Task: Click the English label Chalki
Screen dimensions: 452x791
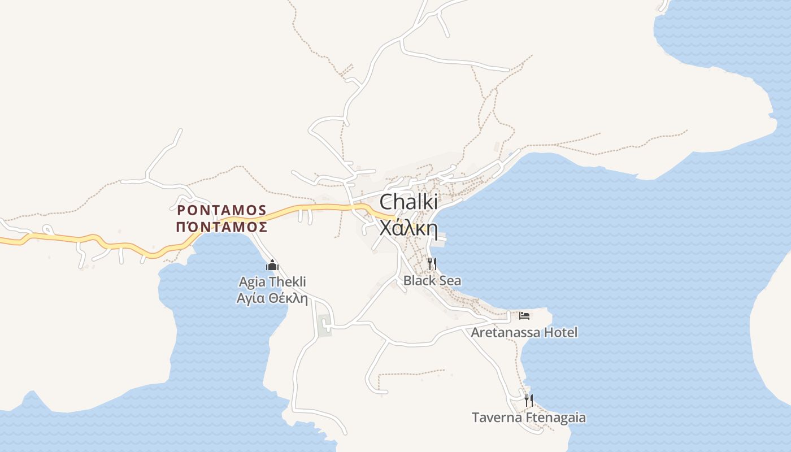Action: (x=408, y=202)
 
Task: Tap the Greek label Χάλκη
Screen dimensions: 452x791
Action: (x=408, y=228)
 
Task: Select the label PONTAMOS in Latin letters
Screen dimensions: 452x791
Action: (x=221, y=210)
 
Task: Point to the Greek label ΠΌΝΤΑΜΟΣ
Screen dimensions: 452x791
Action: (x=221, y=227)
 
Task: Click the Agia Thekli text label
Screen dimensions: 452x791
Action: (x=272, y=281)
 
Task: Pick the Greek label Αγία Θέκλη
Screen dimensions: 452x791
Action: (x=272, y=298)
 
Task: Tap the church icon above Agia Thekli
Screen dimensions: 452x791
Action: (x=272, y=264)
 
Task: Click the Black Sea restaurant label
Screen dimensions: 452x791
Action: (x=432, y=280)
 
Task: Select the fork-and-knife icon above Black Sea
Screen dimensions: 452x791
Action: (x=432, y=263)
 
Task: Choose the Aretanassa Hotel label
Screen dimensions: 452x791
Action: (x=524, y=332)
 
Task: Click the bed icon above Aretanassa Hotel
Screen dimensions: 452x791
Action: (x=524, y=315)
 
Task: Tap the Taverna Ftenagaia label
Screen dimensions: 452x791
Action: (x=529, y=418)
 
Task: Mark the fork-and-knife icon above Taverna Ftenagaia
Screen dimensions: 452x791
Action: (x=529, y=401)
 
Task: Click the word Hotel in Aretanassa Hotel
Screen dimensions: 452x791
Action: (x=560, y=332)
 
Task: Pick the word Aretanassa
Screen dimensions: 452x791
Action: (x=506, y=332)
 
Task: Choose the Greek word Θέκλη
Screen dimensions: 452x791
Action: (x=289, y=298)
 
